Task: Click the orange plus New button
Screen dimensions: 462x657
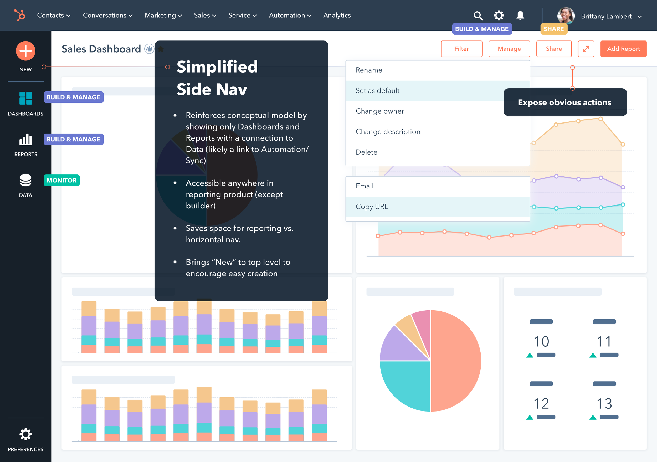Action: point(25,51)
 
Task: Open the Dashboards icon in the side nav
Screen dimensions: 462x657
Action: point(25,98)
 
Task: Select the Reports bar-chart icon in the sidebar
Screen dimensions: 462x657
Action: point(25,140)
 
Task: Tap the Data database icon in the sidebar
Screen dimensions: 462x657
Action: point(25,180)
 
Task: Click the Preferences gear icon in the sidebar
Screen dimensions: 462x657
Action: point(25,434)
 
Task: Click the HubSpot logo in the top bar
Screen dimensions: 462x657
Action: point(20,15)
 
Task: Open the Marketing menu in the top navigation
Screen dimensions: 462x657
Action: point(163,16)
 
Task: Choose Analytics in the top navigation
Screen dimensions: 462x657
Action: point(337,16)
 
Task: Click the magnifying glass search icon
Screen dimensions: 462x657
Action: point(478,16)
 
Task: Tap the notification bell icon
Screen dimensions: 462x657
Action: point(520,16)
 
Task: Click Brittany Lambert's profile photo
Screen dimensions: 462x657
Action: point(566,16)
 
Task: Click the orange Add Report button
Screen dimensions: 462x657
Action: point(623,49)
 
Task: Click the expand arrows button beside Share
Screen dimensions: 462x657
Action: point(586,49)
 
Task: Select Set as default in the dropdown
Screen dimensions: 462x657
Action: point(377,91)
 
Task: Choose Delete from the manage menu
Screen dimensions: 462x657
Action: point(366,152)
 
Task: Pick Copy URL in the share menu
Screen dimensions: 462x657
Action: point(372,207)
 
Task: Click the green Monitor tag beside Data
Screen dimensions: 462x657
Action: point(61,181)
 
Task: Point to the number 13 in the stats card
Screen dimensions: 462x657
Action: point(604,404)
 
